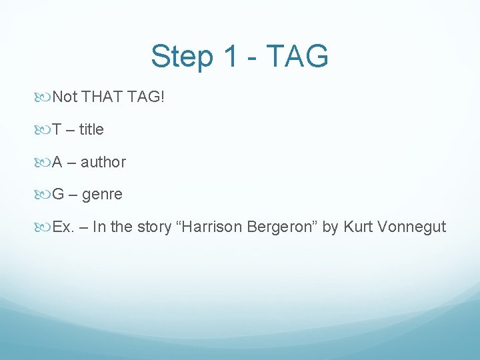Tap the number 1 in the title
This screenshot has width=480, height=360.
point(230,57)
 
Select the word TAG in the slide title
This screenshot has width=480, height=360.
point(298,57)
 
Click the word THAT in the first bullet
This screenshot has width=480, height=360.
point(102,97)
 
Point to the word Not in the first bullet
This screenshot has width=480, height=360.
point(65,97)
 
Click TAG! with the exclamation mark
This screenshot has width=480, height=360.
point(145,97)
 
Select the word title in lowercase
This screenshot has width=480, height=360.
point(91,129)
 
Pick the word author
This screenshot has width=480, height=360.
point(103,162)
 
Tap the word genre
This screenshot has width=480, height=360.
point(102,195)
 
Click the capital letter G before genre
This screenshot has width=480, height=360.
point(58,195)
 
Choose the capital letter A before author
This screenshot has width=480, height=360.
point(58,162)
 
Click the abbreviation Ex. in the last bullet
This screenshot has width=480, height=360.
point(63,227)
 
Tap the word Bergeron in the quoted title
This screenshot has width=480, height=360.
point(281,227)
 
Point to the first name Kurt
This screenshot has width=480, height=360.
point(357,227)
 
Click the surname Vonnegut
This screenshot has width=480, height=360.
point(411,227)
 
